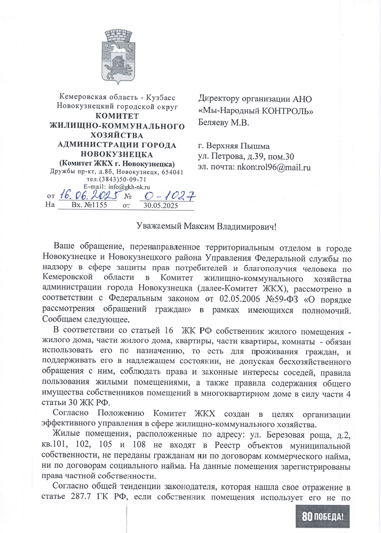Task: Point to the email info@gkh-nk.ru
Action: (x=128, y=187)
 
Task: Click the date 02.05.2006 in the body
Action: (x=213, y=300)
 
